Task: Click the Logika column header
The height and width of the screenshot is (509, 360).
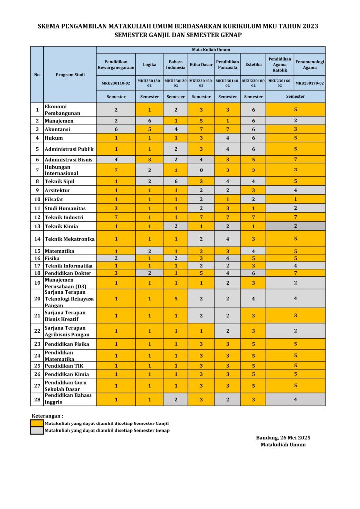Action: pyautogui.click(x=149, y=65)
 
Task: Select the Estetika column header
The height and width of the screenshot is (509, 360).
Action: pyautogui.click(x=253, y=65)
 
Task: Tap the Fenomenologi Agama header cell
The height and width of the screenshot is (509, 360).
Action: pyautogui.click(x=310, y=65)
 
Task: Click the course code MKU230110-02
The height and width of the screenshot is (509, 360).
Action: pyautogui.click(x=116, y=83)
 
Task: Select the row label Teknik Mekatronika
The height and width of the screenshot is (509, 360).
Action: pyautogui.click(x=70, y=239)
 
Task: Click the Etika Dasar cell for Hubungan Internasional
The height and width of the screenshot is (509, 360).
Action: pyautogui.click(x=201, y=170)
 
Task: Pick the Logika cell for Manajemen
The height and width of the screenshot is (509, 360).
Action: pyautogui.click(x=149, y=120)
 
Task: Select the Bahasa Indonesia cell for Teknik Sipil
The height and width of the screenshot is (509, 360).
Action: pyautogui.click(x=176, y=181)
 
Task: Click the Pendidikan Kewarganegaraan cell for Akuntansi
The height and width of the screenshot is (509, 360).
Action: pyautogui.click(x=116, y=129)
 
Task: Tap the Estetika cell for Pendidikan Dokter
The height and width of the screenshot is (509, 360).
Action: pyautogui.click(x=253, y=273)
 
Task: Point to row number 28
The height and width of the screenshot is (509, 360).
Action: pyautogui.click(x=37, y=399)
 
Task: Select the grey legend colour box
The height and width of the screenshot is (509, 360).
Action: pyautogui.click(x=37, y=430)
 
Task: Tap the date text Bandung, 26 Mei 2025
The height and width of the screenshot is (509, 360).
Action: pyautogui.click(x=283, y=437)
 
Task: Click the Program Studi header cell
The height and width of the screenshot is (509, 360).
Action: pyautogui.click(x=70, y=75)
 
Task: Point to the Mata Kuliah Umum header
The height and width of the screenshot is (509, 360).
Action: pyautogui.click(x=211, y=50)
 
